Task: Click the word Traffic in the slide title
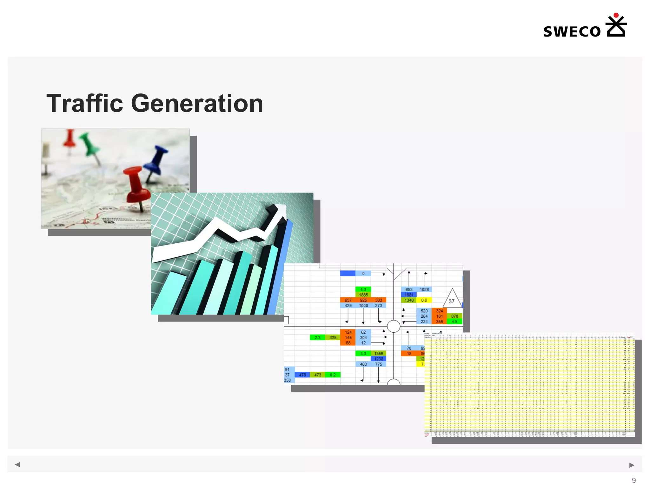[x=84, y=104]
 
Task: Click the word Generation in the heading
[x=197, y=104]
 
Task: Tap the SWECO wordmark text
[x=572, y=32]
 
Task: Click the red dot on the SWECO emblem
[x=616, y=15]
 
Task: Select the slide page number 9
[x=633, y=480]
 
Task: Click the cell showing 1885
[x=363, y=295]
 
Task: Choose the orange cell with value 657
[x=348, y=300]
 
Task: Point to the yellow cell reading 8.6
[x=424, y=300]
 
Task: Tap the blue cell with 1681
[x=409, y=295]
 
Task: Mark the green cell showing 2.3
[x=317, y=337]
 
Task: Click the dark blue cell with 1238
[x=378, y=359]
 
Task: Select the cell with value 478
[x=302, y=375]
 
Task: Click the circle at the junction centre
[x=394, y=326]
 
